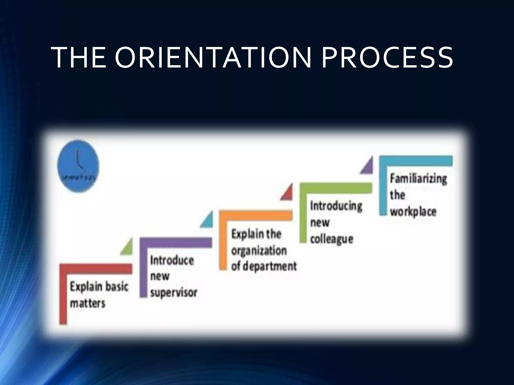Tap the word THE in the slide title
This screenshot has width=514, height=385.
(x=80, y=58)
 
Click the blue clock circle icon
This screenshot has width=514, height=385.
(x=78, y=166)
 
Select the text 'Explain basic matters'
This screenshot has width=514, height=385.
(x=99, y=295)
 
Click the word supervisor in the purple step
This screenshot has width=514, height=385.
(x=174, y=292)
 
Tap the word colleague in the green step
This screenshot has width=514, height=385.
(x=332, y=239)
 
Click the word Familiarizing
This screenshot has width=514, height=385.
(x=418, y=179)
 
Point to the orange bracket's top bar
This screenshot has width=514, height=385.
(x=256, y=216)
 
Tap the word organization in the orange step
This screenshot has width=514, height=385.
(x=259, y=251)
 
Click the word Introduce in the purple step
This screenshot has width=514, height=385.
(x=172, y=260)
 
